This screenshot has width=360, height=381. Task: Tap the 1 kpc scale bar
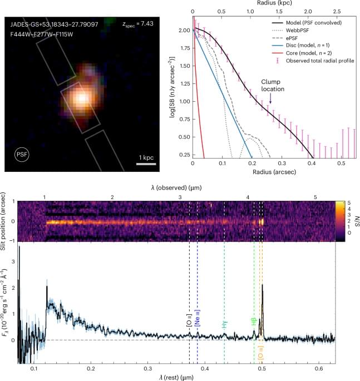[145, 164]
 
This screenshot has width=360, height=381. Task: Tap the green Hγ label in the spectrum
[224, 326]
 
